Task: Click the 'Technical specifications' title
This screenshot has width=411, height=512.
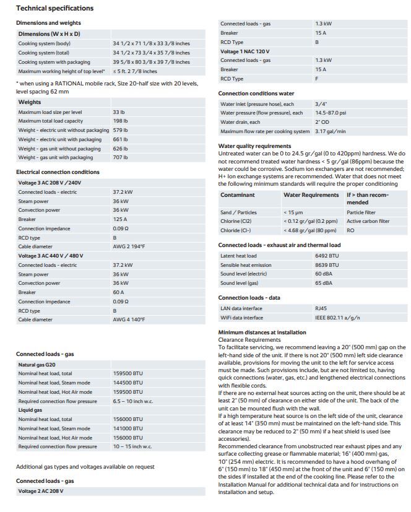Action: [x=54, y=8]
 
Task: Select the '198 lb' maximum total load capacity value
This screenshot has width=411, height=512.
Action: [x=119, y=121]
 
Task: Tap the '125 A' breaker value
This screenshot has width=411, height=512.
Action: [x=119, y=219]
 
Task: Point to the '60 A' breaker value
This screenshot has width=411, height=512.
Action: [x=118, y=292]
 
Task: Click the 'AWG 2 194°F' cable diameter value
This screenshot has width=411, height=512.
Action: [x=129, y=246]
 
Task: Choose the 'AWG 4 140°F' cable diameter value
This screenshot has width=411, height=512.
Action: [x=129, y=319]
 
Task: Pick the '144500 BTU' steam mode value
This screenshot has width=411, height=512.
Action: [x=128, y=383]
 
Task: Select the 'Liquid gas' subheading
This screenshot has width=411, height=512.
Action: [x=30, y=410]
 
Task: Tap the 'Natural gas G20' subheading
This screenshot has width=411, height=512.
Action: [x=38, y=365]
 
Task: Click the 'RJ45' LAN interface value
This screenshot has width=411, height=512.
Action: [x=321, y=308]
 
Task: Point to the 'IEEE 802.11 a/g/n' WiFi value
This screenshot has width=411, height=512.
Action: [x=337, y=318]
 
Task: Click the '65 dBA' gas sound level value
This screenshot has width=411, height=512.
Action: [x=323, y=283]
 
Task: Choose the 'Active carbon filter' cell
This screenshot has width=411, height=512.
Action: [x=368, y=221]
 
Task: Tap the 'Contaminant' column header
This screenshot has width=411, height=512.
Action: [x=238, y=195]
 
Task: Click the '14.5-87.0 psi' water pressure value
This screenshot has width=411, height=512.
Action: [x=331, y=113]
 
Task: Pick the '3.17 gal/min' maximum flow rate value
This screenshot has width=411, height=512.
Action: [x=330, y=131]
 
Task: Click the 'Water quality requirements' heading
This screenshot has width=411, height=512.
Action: [x=254, y=146]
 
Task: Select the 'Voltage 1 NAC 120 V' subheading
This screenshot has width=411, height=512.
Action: [x=245, y=51]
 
